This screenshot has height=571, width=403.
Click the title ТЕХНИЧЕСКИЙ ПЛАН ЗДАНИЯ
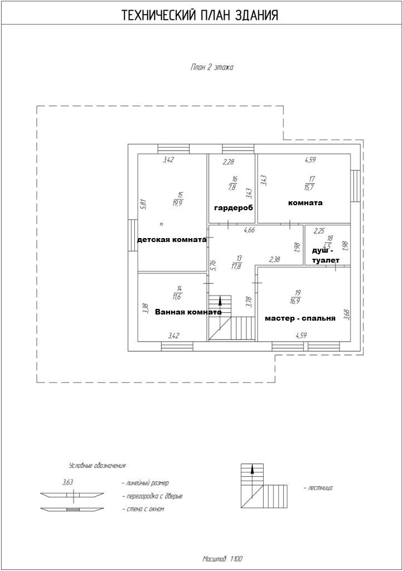(200, 16)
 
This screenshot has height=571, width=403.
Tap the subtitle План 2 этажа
(212, 67)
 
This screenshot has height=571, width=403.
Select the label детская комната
(172, 240)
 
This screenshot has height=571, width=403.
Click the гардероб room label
(234, 207)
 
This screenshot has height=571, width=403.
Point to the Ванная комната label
(188, 312)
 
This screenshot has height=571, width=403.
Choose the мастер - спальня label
(300, 318)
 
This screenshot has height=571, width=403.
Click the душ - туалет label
(326, 255)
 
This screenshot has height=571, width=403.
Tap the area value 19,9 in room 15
(178, 203)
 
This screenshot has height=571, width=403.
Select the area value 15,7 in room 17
(310, 187)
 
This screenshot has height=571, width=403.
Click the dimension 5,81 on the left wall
(143, 204)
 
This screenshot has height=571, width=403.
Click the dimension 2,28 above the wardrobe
(229, 162)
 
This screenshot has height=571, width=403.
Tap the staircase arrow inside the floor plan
(220, 304)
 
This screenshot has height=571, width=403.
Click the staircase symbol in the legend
(265, 486)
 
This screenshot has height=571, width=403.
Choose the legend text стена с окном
(143, 509)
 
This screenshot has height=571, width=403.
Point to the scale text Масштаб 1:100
(222, 558)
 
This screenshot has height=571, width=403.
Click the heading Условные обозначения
(98, 465)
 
